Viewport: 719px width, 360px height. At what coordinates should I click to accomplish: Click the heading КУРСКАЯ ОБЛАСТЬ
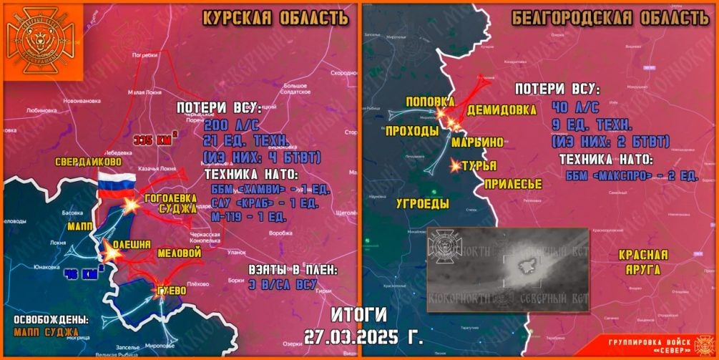click(x=275, y=18)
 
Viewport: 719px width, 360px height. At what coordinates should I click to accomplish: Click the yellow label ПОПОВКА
click(x=430, y=102)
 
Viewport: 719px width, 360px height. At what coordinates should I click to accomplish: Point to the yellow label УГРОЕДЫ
click(x=423, y=204)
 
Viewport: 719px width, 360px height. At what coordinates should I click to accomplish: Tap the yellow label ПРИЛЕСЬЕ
click(x=513, y=185)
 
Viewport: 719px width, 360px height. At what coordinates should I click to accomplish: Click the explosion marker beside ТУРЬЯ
click(x=456, y=166)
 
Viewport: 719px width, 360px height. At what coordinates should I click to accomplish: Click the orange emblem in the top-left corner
click(x=42, y=41)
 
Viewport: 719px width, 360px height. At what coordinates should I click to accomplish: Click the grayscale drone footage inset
click(x=507, y=268)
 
